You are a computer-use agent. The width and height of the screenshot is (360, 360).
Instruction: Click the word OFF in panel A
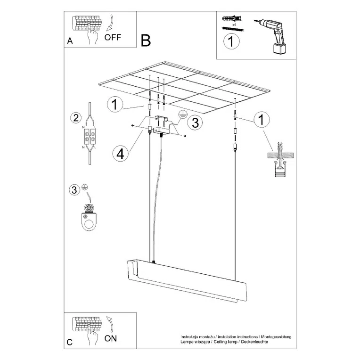(x=114, y=38)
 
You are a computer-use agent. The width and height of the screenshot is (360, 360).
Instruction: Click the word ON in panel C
(x=110, y=338)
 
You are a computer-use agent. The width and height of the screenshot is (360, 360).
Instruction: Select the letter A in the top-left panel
(x=70, y=41)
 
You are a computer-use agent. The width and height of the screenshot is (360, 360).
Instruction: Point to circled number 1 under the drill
(x=231, y=42)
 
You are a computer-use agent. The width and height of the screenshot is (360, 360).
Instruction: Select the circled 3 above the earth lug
(x=74, y=190)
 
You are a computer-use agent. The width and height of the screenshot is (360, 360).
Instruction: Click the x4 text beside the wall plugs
(x=234, y=23)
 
